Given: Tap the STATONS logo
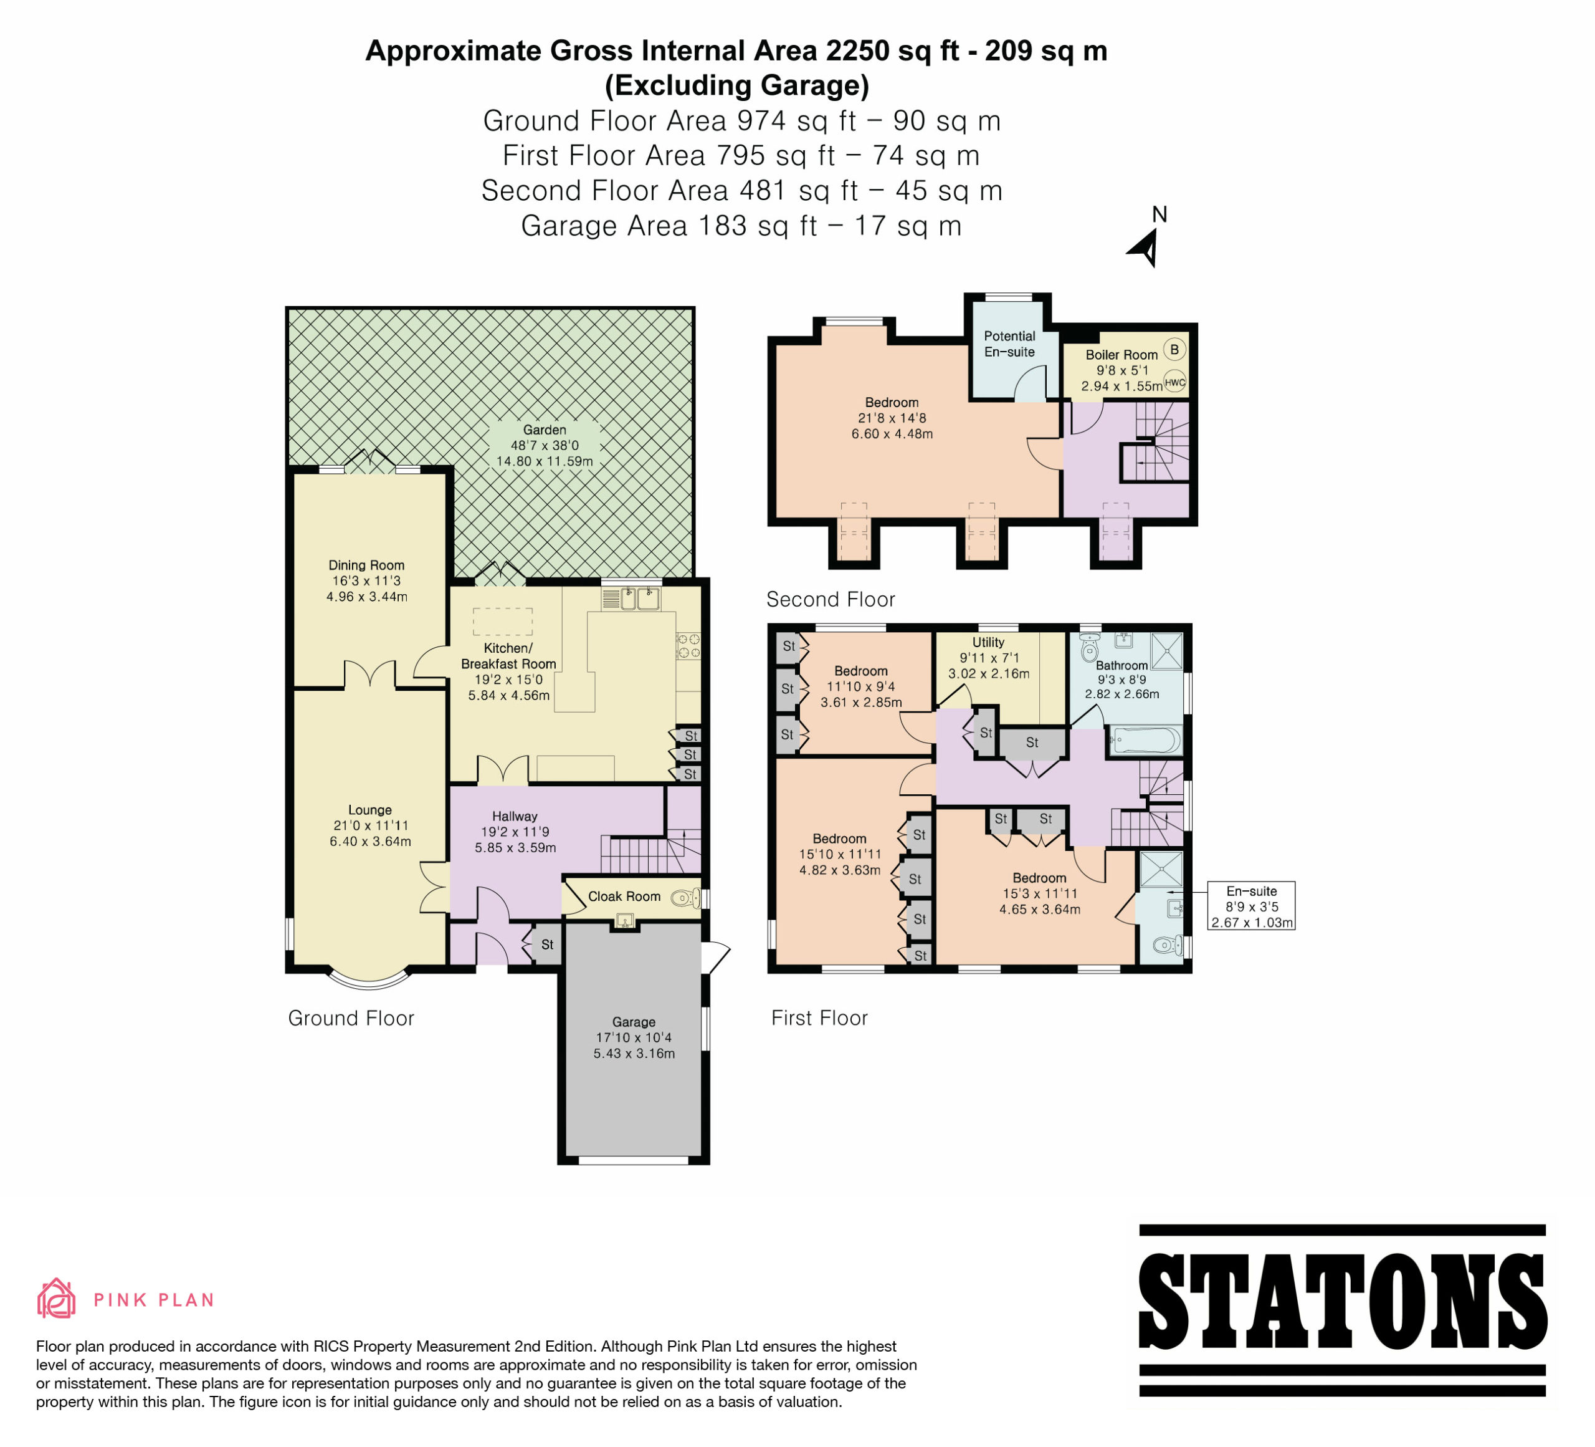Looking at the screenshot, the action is pos(1342,1310).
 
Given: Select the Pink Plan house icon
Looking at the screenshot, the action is pos(56,1298).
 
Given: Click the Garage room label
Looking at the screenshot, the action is pos(634,1022).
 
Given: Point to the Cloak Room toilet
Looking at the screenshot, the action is pos(685,898).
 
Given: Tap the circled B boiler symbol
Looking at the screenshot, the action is pos(1174,349).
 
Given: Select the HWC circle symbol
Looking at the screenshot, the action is pos(1175,382).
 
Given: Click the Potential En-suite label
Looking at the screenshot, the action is pos(1009,344).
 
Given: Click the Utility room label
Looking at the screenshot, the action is pos(988,642).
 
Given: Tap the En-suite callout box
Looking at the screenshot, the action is pos(1252,906).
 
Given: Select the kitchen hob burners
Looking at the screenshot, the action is pos(687,645).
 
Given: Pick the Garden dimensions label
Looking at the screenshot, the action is pos(545,453).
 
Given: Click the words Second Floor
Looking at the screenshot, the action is pos(831,600).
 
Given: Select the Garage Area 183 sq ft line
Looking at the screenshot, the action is pos(741,226).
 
